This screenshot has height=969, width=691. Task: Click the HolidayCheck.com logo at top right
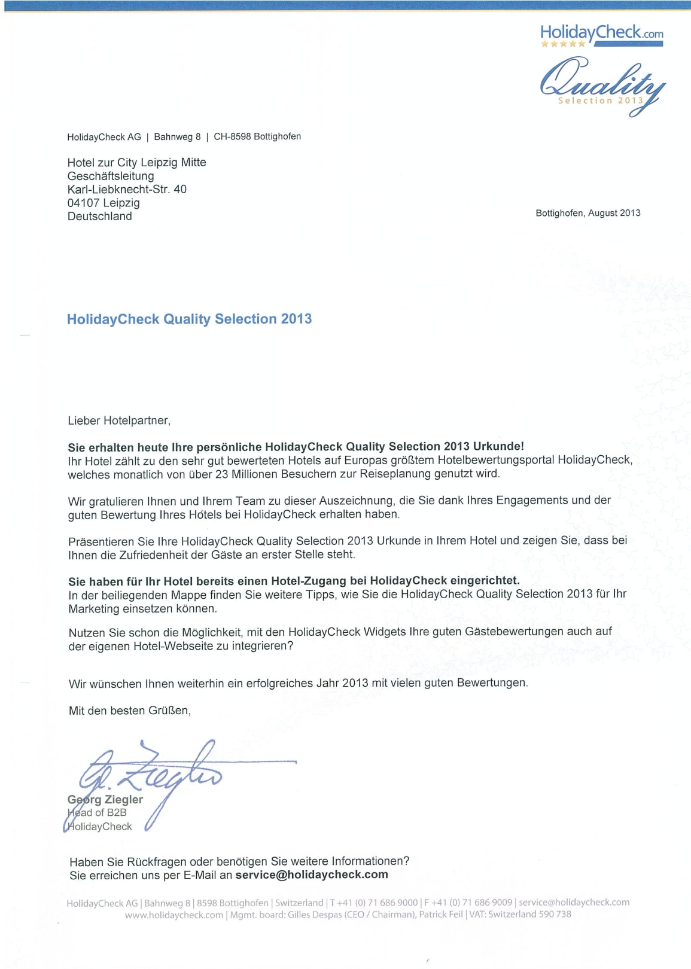click(x=601, y=34)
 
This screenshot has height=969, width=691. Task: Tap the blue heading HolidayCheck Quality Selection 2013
click(x=189, y=319)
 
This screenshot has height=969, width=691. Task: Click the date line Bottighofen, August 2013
click(x=587, y=213)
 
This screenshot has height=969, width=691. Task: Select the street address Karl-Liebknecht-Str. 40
click(x=127, y=189)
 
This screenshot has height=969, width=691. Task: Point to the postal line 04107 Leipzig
click(x=104, y=203)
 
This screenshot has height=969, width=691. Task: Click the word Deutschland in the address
click(x=99, y=216)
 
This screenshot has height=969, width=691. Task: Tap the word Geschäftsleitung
click(x=111, y=176)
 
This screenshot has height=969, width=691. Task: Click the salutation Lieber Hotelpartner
click(x=119, y=420)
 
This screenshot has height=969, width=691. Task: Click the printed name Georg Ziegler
click(x=105, y=799)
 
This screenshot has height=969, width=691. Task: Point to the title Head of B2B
click(x=97, y=812)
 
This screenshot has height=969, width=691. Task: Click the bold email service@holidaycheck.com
click(x=312, y=874)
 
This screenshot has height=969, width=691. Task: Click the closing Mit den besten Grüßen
click(x=130, y=711)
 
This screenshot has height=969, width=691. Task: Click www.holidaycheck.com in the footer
click(x=173, y=915)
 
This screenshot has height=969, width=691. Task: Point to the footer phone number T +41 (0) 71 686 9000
click(x=374, y=903)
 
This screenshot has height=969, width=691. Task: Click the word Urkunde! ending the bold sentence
click(x=498, y=446)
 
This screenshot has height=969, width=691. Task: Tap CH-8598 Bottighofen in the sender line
click(x=257, y=136)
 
